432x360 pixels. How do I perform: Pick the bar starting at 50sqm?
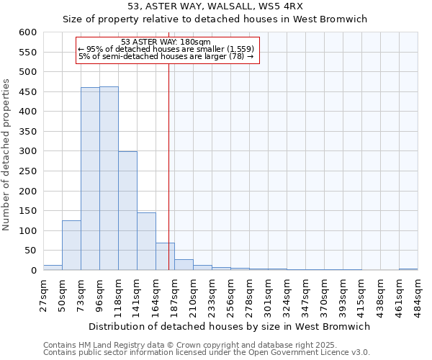[71, 246]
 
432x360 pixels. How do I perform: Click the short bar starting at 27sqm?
[53, 268]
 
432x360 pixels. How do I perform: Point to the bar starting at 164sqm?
[165, 257]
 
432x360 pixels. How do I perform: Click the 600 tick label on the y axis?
[27, 32]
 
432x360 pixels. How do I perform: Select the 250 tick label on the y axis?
[27, 171]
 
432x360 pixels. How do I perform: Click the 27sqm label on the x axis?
[44, 294]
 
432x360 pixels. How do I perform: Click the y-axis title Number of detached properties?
[7, 156]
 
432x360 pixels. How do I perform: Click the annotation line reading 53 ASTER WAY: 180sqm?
[166, 42]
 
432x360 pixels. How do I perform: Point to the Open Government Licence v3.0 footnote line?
[207, 353]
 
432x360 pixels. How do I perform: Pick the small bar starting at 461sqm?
[408, 269]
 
